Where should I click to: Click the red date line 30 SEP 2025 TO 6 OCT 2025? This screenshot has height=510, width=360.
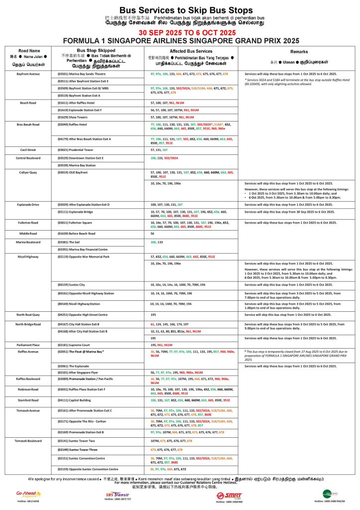(180, 32)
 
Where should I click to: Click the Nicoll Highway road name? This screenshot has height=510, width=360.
(29, 256)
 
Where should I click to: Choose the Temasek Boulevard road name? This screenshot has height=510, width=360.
(29, 441)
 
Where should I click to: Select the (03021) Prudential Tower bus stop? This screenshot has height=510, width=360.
(76, 149)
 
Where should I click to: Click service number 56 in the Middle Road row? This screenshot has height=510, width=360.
(152, 233)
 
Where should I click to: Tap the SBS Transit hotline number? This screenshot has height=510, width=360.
(118, 503)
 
